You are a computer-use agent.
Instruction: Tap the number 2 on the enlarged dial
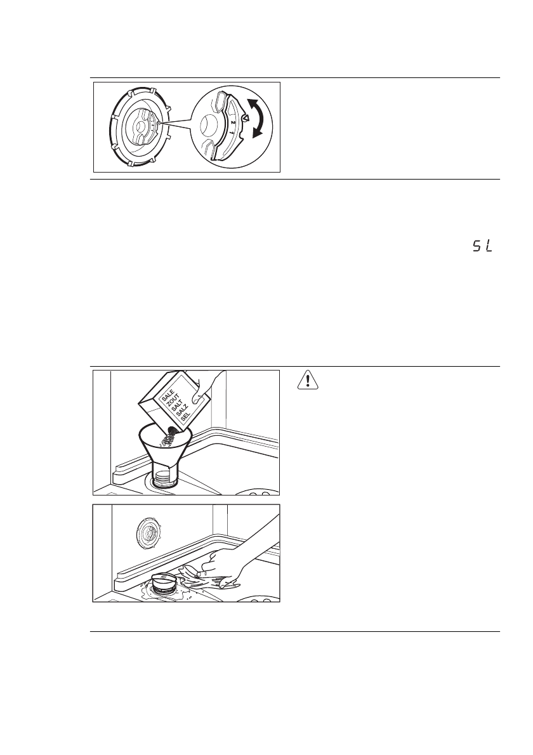click(234, 121)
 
